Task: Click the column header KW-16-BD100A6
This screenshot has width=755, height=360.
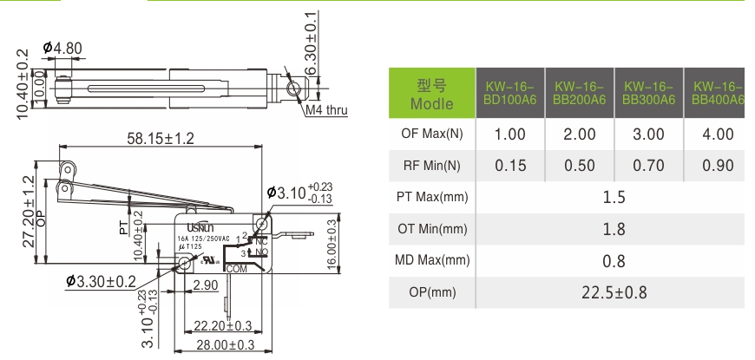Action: point(510,93)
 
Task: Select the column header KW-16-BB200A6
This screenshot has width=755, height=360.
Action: point(580,93)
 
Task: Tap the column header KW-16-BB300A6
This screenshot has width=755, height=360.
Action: point(649,93)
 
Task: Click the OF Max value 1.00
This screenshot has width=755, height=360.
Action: point(510,134)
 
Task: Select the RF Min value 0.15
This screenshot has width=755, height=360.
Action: point(510,166)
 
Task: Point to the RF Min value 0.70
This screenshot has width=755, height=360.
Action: point(649,166)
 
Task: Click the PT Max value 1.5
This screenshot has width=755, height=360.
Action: point(614,197)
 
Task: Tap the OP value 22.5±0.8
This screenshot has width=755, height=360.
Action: point(614,291)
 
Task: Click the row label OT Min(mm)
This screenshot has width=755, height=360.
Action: point(431,229)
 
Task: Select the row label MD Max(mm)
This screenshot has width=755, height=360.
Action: point(431,260)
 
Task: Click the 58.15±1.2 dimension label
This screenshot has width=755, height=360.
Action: point(160,138)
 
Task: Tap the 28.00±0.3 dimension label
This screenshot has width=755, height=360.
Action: point(223,344)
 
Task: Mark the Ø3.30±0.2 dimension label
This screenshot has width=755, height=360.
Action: point(101,281)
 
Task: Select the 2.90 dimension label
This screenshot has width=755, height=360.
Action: point(206,285)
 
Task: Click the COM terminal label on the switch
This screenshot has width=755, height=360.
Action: point(236,270)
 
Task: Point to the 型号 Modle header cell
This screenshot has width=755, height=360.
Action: point(431,93)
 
